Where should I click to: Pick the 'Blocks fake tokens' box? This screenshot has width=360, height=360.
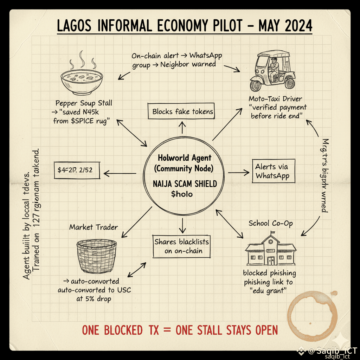coord(182,112)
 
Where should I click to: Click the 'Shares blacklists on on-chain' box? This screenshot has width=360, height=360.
coord(181,246)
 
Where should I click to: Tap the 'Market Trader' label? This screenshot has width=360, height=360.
coord(94,227)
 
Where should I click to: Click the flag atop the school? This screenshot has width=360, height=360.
coord(273,232)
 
